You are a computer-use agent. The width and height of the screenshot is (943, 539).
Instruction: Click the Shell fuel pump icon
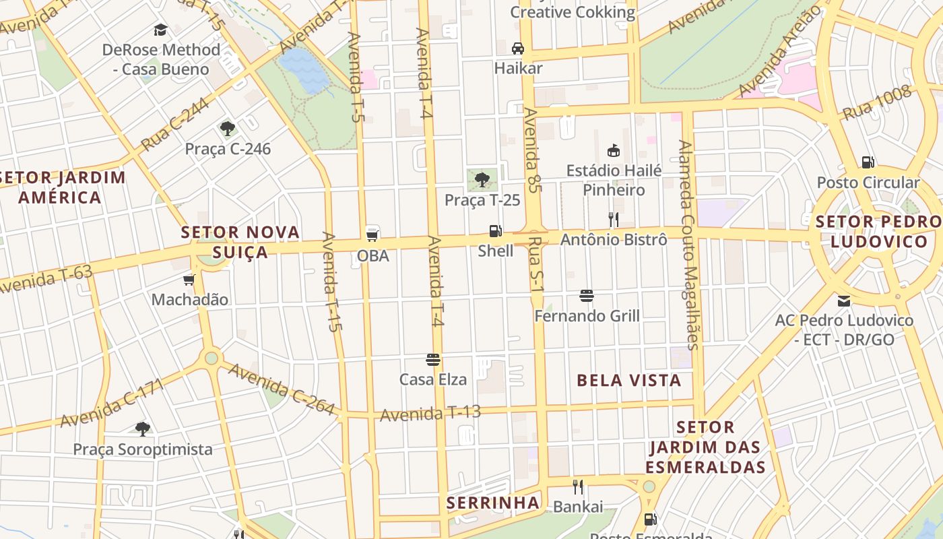[495, 231]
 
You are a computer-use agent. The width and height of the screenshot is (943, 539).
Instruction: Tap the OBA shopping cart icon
[372, 235]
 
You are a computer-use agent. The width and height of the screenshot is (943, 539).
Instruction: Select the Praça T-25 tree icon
[482, 179]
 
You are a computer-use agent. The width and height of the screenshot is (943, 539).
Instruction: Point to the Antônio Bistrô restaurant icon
[613, 219]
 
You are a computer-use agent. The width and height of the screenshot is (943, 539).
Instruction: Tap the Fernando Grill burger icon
[587, 296]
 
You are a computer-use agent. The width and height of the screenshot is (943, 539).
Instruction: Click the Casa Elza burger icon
[433, 360]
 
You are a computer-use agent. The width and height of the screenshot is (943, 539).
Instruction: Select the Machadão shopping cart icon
[189, 280]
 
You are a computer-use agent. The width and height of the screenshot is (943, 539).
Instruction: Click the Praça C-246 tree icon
[228, 129]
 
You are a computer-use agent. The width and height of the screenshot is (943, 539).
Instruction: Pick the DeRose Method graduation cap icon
[160, 30]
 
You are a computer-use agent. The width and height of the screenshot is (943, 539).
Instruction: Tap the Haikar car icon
[518, 49]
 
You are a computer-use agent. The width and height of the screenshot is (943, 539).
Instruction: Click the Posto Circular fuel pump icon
[868, 162]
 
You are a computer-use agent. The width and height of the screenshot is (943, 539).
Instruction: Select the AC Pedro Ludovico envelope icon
[844, 301]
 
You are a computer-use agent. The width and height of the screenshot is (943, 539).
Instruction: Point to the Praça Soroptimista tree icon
[142, 429]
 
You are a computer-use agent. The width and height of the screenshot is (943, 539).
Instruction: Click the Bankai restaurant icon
[577, 487]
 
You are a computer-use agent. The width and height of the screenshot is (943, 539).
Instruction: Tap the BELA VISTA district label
[628, 381]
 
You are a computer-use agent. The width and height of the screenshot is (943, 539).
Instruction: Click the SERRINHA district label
[493, 503]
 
